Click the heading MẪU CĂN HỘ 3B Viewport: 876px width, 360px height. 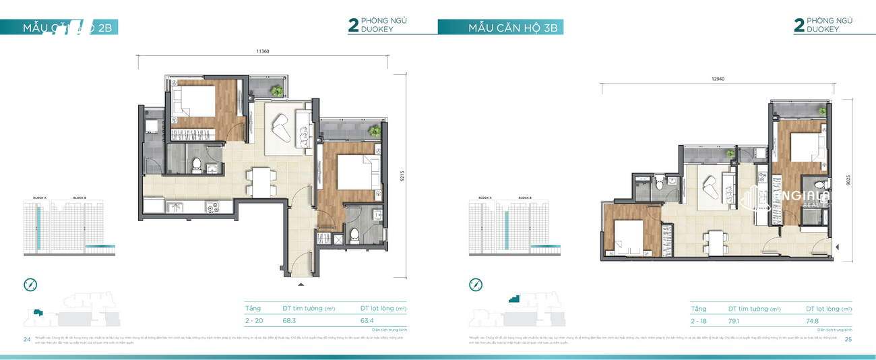point(515,28)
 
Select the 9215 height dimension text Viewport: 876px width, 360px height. point(402,176)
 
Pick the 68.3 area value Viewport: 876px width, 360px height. point(290,321)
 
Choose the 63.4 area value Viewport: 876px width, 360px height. point(368,321)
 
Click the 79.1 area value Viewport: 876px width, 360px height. point(736,321)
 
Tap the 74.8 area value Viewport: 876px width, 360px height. point(813,321)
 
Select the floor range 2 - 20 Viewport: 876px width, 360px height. point(255,321)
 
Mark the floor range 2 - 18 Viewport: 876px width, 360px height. point(699,321)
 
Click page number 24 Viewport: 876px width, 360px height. point(27,339)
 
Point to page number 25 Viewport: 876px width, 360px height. point(848,339)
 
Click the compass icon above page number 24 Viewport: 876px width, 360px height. point(30,284)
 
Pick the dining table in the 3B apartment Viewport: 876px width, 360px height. point(714,240)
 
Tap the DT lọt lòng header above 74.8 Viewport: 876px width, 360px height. point(828,308)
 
